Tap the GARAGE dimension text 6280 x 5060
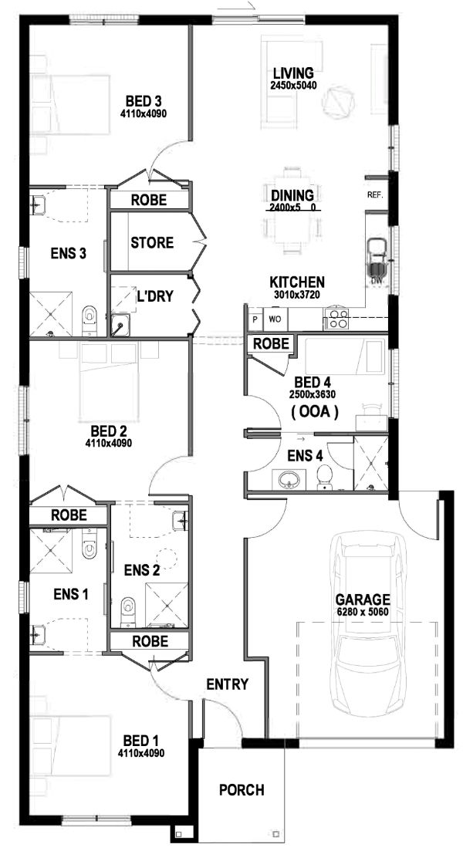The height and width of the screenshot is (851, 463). [362, 612]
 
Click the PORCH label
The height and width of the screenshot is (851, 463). [241, 790]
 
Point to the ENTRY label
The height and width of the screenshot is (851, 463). [227, 684]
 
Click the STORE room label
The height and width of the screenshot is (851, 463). [152, 243]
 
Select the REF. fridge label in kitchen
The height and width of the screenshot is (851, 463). [376, 195]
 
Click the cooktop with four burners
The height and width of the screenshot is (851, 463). [338, 318]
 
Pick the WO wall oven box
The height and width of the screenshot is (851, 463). [274, 318]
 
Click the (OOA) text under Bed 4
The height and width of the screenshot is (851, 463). [314, 413]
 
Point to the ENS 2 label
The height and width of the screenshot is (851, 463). [141, 570]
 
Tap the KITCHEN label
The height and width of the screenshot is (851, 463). [296, 282]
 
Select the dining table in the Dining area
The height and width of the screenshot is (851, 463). [292, 208]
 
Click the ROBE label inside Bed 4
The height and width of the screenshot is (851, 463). [272, 343]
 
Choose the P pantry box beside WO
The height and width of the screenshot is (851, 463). [254, 318]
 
